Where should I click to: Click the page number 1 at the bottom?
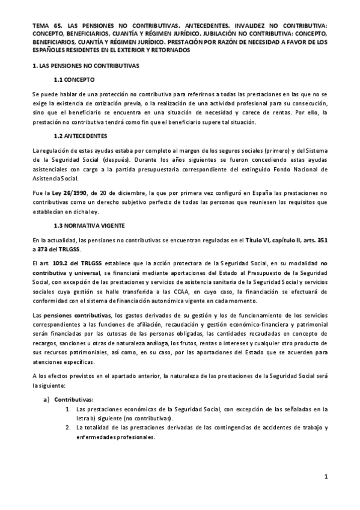point(325,478)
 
